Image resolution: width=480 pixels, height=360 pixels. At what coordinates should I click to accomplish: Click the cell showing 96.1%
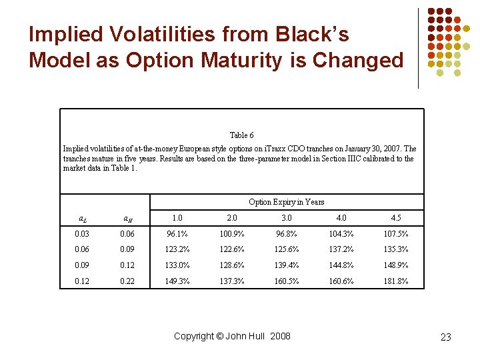click(x=177, y=234)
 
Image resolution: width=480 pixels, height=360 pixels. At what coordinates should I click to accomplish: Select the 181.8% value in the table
click(x=396, y=281)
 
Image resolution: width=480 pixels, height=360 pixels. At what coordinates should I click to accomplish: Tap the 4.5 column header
click(x=396, y=217)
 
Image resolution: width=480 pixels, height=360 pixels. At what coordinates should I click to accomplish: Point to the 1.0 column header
click(x=177, y=217)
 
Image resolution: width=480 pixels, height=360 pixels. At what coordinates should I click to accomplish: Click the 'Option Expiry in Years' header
click(x=287, y=202)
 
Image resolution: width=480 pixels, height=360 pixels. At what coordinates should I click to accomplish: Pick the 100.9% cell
click(x=232, y=234)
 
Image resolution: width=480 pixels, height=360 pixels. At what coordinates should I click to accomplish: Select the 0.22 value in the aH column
click(x=127, y=281)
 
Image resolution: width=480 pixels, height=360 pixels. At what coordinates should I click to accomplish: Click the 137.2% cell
click(x=341, y=249)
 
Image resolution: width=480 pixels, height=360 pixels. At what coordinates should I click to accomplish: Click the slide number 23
click(x=446, y=337)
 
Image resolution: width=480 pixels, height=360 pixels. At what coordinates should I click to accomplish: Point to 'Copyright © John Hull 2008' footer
click(x=232, y=336)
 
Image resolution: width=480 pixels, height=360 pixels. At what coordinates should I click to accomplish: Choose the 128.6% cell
click(x=232, y=265)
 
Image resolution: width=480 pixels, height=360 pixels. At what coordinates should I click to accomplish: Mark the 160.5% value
click(x=287, y=281)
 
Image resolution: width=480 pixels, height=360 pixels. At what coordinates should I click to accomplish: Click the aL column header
click(x=82, y=219)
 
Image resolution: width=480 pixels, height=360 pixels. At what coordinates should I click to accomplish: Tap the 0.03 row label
click(x=82, y=234)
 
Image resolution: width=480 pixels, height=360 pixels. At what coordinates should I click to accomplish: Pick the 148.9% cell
click(x=396, y=265)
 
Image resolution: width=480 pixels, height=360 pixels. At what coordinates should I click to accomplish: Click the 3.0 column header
click(x=287, y=217)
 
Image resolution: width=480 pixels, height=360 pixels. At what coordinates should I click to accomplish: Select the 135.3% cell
click(x=396, y=249)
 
